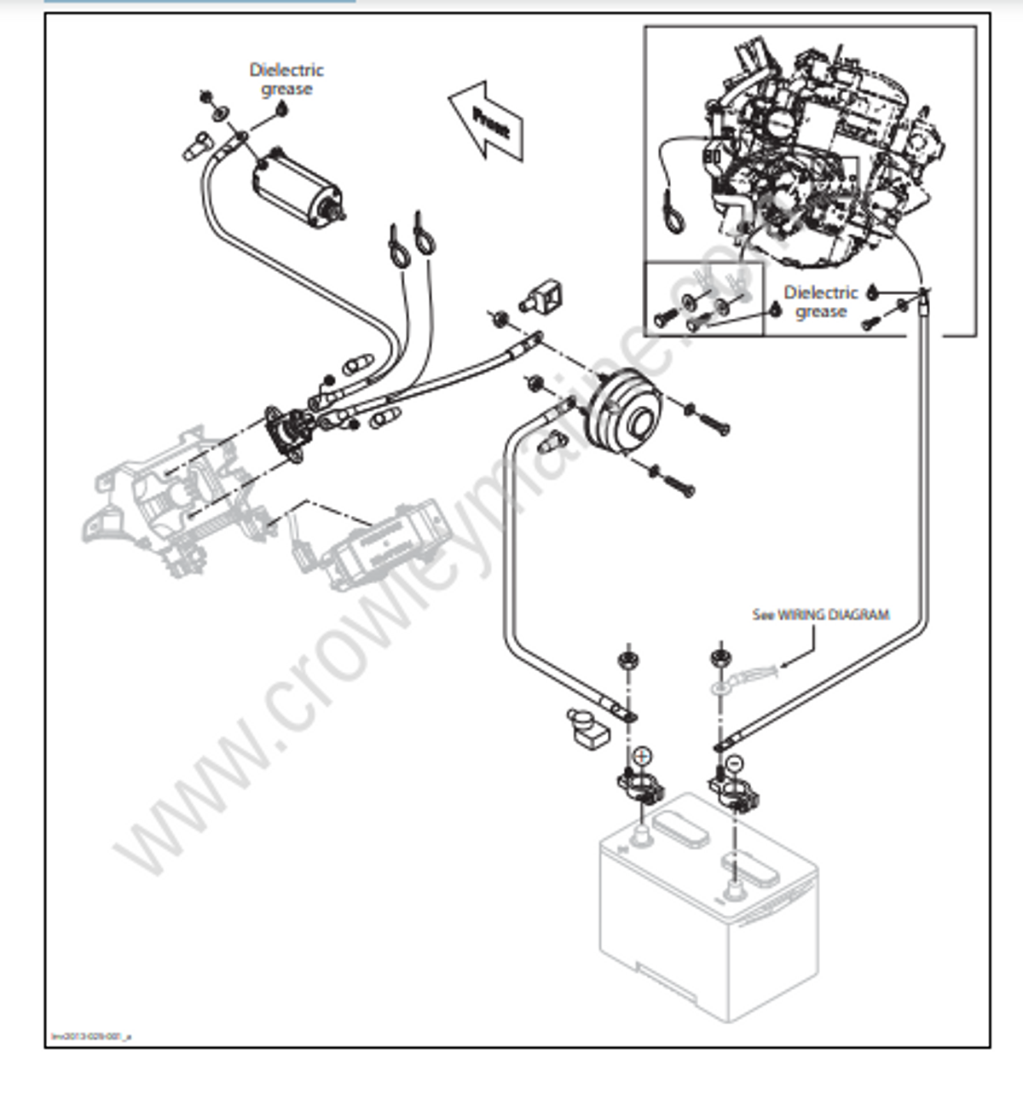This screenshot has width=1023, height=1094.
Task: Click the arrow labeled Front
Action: point(487,120)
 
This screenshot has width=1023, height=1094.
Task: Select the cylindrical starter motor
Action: point(294,187)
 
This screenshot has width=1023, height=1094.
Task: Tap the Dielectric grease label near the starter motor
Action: point(286,79)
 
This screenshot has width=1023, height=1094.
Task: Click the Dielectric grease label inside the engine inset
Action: point(820,302)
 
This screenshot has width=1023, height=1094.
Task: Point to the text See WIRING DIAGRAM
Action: point(820,614)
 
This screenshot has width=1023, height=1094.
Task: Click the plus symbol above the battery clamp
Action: point(642,756)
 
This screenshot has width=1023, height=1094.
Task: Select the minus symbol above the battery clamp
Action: point(736,762)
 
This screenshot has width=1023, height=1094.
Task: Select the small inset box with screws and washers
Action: point(703,298)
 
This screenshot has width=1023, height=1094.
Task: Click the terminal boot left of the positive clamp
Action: point(584,727)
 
